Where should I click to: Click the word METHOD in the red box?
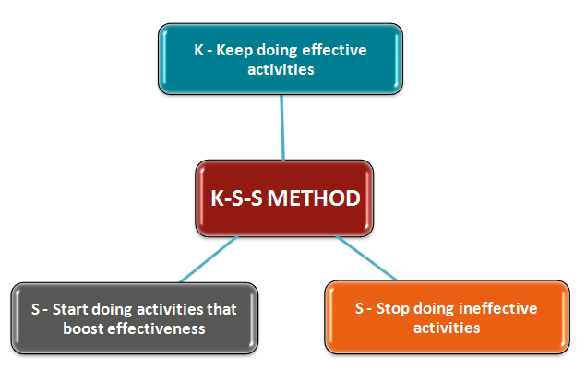[x=314, y=198]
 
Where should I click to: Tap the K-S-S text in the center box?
[x=236, y=198]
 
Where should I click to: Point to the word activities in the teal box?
[x=281, y=69]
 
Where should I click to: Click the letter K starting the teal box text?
[x=198, y=50]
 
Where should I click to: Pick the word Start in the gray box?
[x=71, y=309]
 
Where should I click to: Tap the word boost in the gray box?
[x=83, y=328]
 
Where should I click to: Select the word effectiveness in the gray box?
[x=156, y=328]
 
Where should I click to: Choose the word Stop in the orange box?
[x=392, y=309]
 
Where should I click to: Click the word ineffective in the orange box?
[x=497, y=308]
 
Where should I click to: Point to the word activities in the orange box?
[x=447, y=328]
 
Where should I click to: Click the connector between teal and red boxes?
[x=282, y=128]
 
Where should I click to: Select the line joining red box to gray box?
[x=209, y=258]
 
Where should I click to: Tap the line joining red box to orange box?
[x=366, y=257]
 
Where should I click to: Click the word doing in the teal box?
[x=277, y=51]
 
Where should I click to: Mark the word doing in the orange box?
[x=434, y=309]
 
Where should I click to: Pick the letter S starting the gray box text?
[x=35, y=309]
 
